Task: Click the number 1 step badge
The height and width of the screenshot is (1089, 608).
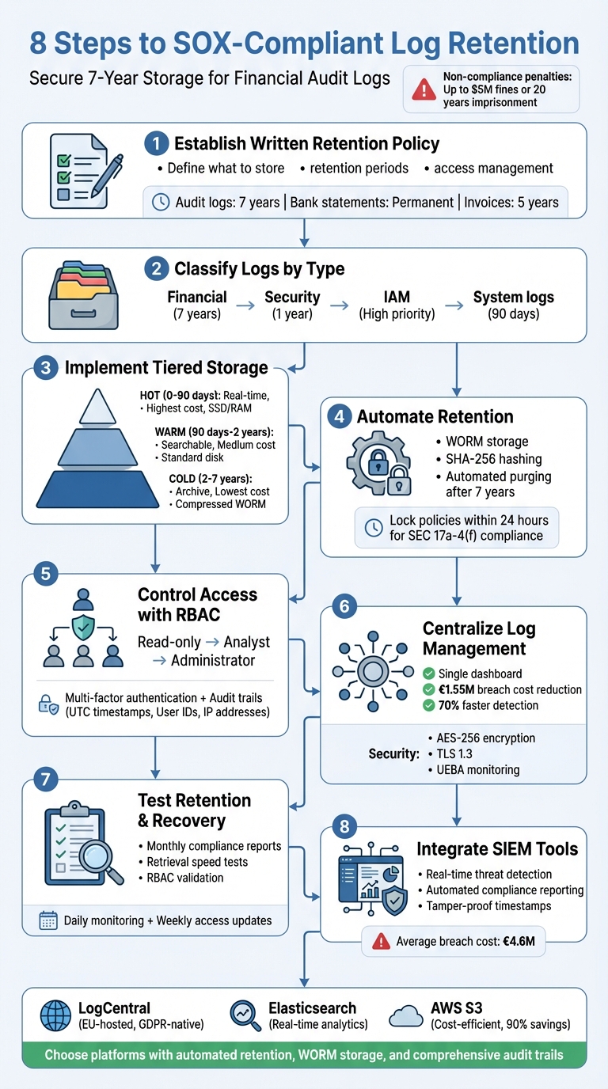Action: (157, 144)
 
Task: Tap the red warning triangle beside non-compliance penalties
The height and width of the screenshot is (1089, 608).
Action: (424, 89)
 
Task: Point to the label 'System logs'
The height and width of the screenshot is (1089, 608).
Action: (513, 298)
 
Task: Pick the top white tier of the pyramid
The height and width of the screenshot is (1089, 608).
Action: (97, 408)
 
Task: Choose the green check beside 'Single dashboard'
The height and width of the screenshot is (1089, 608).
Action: (428, 674)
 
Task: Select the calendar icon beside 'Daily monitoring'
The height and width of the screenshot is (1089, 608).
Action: (48, 920)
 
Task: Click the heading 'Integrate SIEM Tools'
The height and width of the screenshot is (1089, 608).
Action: (497, 850)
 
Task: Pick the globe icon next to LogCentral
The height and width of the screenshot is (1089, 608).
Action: (55, 1015)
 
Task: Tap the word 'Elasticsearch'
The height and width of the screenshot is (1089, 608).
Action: (312, 1008)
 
